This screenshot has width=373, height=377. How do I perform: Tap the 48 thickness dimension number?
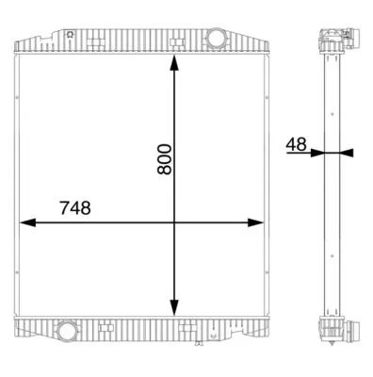296,143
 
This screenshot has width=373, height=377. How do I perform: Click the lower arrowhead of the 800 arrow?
172,310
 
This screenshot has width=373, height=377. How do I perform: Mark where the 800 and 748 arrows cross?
172,223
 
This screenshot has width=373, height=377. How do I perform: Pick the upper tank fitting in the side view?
337,39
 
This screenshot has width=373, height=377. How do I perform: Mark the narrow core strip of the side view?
331,188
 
